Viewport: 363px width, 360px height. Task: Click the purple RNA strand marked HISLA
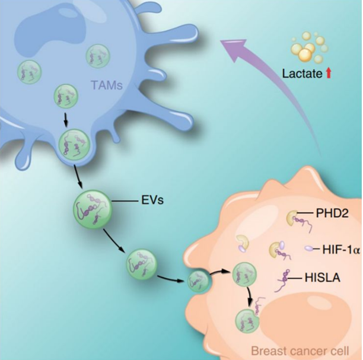pyautogui.click(x=286, y=276)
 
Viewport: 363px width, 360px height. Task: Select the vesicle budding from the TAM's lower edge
pyautogui.click(x=74, y=146)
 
